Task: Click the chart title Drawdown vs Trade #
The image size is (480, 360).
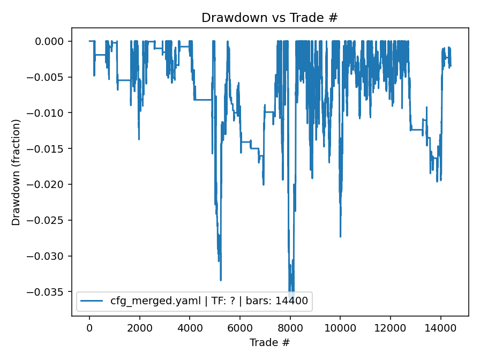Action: coord(269,18)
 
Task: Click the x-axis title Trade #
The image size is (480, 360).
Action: coord(269,342)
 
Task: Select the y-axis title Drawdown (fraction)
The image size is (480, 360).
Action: coord(16,172)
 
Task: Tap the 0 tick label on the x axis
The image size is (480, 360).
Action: coord(89,326)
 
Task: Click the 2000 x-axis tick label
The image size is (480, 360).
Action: coord(140,326)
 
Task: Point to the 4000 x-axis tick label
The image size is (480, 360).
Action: coord(190,326)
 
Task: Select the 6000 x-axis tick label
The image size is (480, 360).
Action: coord(240,326)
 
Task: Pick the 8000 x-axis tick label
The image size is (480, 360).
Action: coord(290,326)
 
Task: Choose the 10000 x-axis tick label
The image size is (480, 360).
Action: coord(340,326)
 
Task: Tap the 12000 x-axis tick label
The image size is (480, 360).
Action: coord(391,326)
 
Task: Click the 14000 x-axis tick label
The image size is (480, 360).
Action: coord(440,326)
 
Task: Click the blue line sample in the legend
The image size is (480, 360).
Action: coord(92,301)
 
